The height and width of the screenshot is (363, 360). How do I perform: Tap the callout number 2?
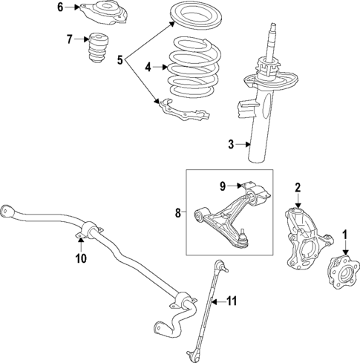pos(298,187)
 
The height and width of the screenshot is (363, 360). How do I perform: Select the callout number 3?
pos(231,144)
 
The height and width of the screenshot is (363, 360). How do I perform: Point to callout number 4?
pos(148,67)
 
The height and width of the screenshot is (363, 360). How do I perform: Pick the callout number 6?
pos(61,7)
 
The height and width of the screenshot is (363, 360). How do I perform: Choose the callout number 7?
pos(69,39)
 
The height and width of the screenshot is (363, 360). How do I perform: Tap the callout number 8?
pos(177,213)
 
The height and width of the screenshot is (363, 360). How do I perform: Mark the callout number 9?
pos(221,185)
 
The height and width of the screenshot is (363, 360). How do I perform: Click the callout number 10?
pos(81,258)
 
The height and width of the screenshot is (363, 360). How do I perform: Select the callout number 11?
pos(231,301)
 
